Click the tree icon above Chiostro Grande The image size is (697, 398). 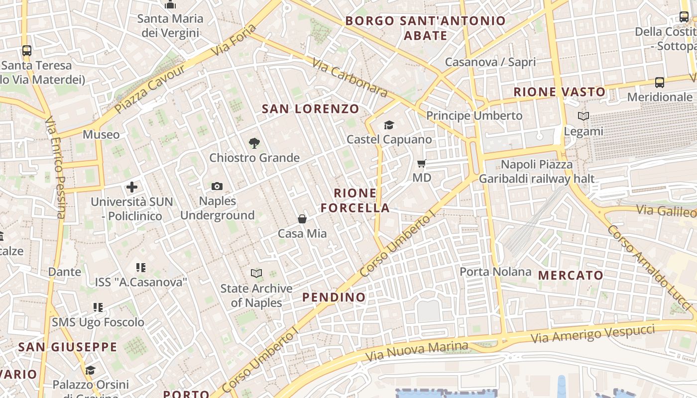(x=254, y=143)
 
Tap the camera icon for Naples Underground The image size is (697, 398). (x=217, y=187)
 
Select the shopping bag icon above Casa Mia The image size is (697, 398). (x=302, y=219)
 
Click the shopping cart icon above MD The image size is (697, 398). (x=422, y=163)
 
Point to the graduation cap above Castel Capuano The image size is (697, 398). (x=389, y=125)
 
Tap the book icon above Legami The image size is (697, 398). (x=583, y=116)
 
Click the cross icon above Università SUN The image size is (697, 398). (x=132, y=187)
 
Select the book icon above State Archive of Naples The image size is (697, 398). (x=256, y=274)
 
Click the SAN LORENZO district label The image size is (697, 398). (x=311, y=109)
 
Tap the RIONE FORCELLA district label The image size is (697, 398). (x=355, y=200)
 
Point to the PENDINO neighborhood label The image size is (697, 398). (x=334, y=298)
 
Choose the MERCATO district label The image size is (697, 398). (x=571, y=275)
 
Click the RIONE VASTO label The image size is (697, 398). (x=560, y=92)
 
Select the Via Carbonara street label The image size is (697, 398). (x=350, y=78)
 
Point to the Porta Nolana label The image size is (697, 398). (x=495, y=272)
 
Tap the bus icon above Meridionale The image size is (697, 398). (x=660, y=83)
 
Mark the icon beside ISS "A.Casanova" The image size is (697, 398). (x=141, y=268)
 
